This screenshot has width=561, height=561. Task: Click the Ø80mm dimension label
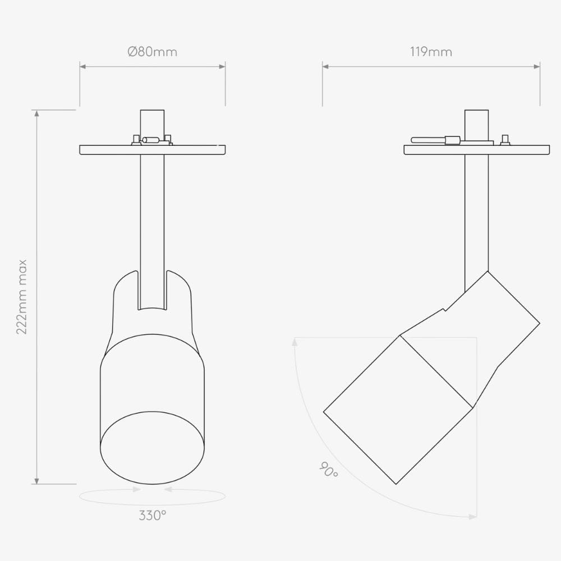pyautogui.click(x=152, y=52)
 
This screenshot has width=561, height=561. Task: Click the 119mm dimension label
pyautogui.click(x=431, y=52)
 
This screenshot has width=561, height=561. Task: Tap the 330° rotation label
pyautogui.click(x=152, y=515)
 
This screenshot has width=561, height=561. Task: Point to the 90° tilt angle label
pyautogui.click(x=329, y=470)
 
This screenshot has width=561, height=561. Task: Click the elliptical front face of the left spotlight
pyautogui.click(x=152, y=448)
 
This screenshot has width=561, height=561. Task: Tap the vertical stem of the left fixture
pyautogui.click(x=152, y=224)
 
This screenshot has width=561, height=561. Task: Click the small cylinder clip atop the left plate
pyautogui.click(x=151, y=140)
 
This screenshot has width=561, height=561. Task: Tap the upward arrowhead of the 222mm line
pyautogui.click(x=37, y=113)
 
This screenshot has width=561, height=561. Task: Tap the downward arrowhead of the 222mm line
pyautogui.click(x=37, y=481)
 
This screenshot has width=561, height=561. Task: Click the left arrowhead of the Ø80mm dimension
pyautogui.click(x=82, y=66)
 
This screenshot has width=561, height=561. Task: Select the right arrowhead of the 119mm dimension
pyautogui.click(x=537, y=66)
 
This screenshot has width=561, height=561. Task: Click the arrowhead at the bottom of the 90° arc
pyautogui.click(x=473, y=517)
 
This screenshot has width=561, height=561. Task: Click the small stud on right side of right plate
pyautogui.click(x=505, y=139)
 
